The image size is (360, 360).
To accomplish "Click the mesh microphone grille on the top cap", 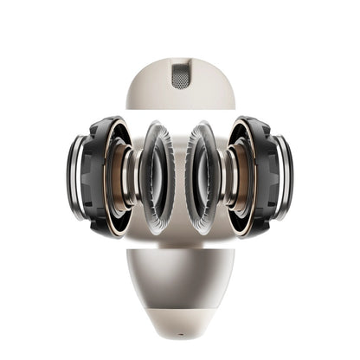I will point(180,74).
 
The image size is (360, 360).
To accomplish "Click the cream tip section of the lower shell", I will point(180,307).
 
